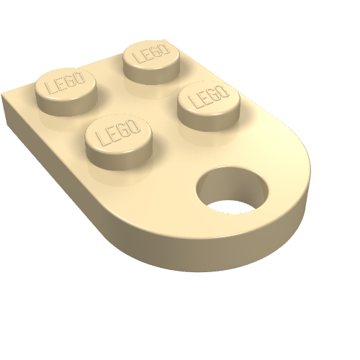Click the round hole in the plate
(232, 190)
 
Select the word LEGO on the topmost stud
(152, 53)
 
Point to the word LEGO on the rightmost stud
(208, 96)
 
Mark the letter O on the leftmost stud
(80, 78)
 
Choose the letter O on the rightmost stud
(222, 91)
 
